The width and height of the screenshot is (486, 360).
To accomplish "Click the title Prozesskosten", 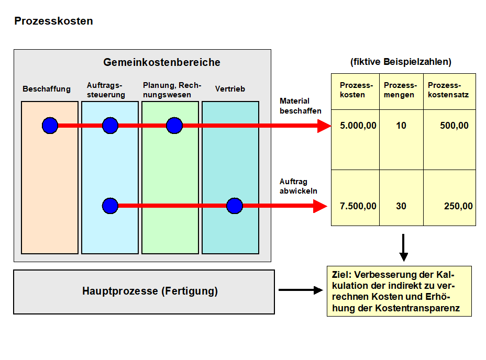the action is coord(53,21).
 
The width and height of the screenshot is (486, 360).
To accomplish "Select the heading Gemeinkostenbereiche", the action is coord(162,62).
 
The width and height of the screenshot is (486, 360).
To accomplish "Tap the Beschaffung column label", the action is coord(47,89).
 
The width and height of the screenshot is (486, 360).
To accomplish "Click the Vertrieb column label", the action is coord(230,89).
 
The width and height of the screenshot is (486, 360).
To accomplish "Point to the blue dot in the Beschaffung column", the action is coord(50,126).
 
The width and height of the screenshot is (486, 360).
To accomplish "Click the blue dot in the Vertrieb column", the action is coord(234,206).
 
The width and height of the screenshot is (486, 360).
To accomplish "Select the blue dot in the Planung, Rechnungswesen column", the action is coord(174,126).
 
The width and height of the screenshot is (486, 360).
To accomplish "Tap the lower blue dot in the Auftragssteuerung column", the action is coord(110,206).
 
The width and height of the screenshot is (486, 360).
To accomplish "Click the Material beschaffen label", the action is coord(300,106).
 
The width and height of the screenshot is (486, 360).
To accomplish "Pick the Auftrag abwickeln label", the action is coord(298,186).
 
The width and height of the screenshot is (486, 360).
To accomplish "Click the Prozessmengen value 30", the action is coord(401,206).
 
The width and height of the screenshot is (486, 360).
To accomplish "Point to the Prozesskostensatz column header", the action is coord(448,90).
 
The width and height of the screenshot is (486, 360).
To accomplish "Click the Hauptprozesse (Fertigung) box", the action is coord(144,292).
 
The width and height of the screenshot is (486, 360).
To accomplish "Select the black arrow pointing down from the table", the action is coord(403,248).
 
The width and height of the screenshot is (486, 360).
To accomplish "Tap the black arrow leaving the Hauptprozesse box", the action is coord(301,290).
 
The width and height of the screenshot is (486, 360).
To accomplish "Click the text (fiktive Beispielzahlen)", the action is coord(401,62).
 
